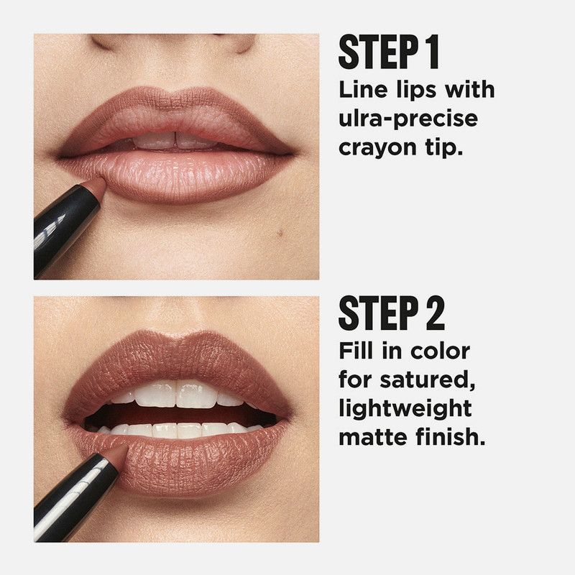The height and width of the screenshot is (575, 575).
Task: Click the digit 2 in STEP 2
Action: click(x=435, y=313)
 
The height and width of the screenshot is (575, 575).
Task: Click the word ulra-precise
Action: click(x=408, y=119)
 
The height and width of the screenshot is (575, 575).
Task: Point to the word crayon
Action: click(x=378, y=149)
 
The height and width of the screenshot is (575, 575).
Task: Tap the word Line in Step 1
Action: click(x=363, y=89)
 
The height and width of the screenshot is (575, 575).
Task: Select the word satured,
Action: click(x=427, y=379)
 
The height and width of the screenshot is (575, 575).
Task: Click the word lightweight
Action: click(x=405, y=408)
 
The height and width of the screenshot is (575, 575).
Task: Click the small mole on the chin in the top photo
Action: click(x=280, y=231)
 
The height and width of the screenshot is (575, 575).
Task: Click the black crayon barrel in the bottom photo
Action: click(x=73, y=498)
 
